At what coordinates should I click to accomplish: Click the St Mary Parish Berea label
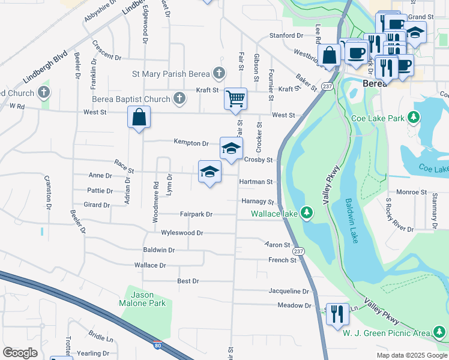(170, 74)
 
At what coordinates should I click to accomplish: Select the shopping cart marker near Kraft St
(235, 98)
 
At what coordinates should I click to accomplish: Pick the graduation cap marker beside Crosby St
(231, 148)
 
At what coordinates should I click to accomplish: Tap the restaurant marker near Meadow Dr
(337, 313)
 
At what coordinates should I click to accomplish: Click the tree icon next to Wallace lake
(306, 213)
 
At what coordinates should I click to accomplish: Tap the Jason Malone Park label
(143, 299)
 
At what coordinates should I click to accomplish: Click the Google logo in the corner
(20, 352)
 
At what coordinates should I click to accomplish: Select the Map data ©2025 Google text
(411, 355)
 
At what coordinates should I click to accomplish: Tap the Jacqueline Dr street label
(288, 291)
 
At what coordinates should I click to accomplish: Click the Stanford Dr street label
(286, 36)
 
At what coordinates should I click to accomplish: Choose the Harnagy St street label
(258, 202)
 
